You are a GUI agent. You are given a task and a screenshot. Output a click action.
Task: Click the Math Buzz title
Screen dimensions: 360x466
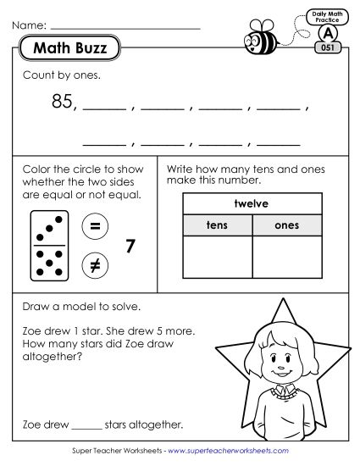point(70,48)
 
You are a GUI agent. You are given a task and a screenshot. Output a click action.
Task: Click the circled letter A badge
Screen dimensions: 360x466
point(326,33)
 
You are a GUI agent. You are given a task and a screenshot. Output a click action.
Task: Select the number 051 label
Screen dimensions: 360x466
point(327,48)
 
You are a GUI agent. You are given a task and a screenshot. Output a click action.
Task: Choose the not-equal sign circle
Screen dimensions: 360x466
point(93,265)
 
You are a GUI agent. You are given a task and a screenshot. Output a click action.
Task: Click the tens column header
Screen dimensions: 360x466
point(217,225)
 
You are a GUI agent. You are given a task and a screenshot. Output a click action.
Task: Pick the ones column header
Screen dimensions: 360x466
point(287,225)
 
